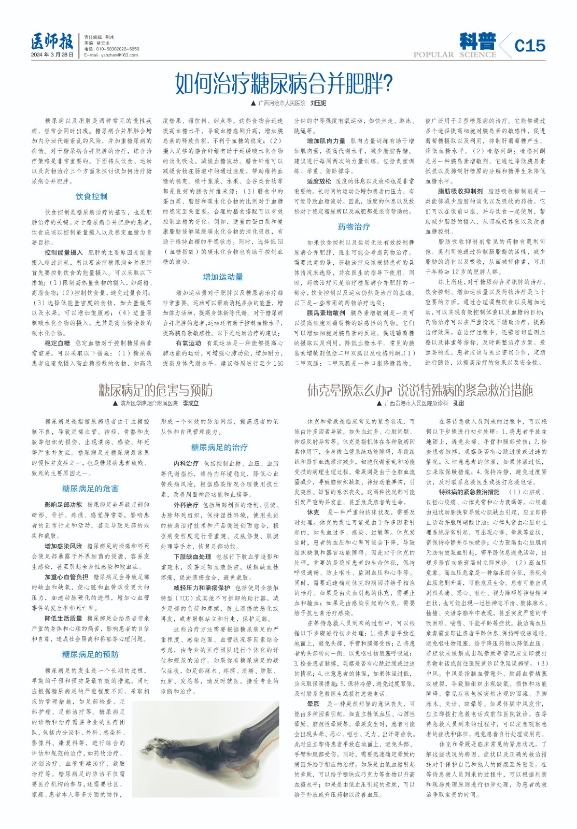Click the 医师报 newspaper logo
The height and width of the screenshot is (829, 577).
pos(52,41)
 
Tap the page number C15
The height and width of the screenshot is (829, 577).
pos(530,46)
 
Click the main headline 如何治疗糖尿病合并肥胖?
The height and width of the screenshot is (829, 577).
pos(284,83)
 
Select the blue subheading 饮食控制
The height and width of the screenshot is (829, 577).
pos(91,196)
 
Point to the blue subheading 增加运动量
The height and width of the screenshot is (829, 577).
pos(223,277)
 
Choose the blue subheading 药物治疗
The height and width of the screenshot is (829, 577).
pos(354,226)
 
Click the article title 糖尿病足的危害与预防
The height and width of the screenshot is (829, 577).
pos(156,390)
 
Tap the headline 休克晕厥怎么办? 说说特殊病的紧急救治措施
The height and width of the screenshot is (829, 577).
pos(420,390)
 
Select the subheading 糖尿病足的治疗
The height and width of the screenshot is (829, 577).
pos(219,447)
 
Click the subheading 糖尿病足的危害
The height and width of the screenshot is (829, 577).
pos(90,489)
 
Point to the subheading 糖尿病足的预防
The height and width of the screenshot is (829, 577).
pos(90,654)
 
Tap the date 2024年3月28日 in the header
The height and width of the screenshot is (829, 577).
pos(52,55)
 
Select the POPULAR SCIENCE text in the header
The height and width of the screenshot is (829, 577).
pos(455,55)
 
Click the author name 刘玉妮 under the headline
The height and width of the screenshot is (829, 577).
pos(318,103)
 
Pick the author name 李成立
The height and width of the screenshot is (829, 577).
pos(191,403)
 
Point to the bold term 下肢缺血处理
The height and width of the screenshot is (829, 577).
pos(193,556)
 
